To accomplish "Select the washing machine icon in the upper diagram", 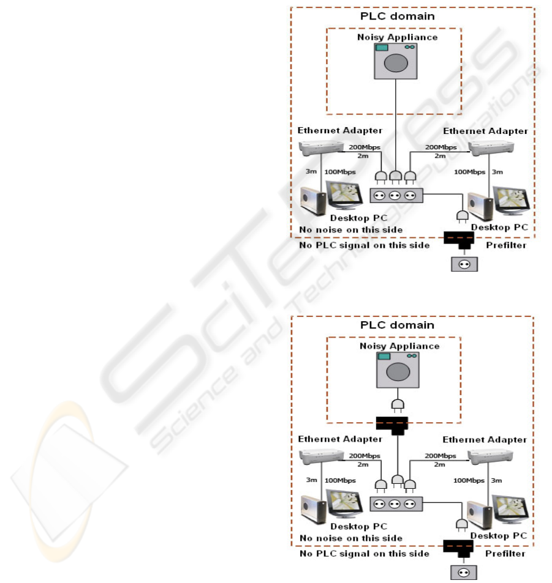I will [397, 61].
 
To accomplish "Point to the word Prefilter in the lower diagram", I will [506, 554].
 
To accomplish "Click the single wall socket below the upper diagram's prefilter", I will [463, 264].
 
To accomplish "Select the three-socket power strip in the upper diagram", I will [396, 195].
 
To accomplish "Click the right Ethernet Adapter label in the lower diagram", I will [484, 439].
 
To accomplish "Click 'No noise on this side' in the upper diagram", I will [350, 229].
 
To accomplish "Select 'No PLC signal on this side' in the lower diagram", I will [364, 554].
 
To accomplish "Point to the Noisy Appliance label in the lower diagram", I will [398, 346].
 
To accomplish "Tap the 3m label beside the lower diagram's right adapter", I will [497, 481].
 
